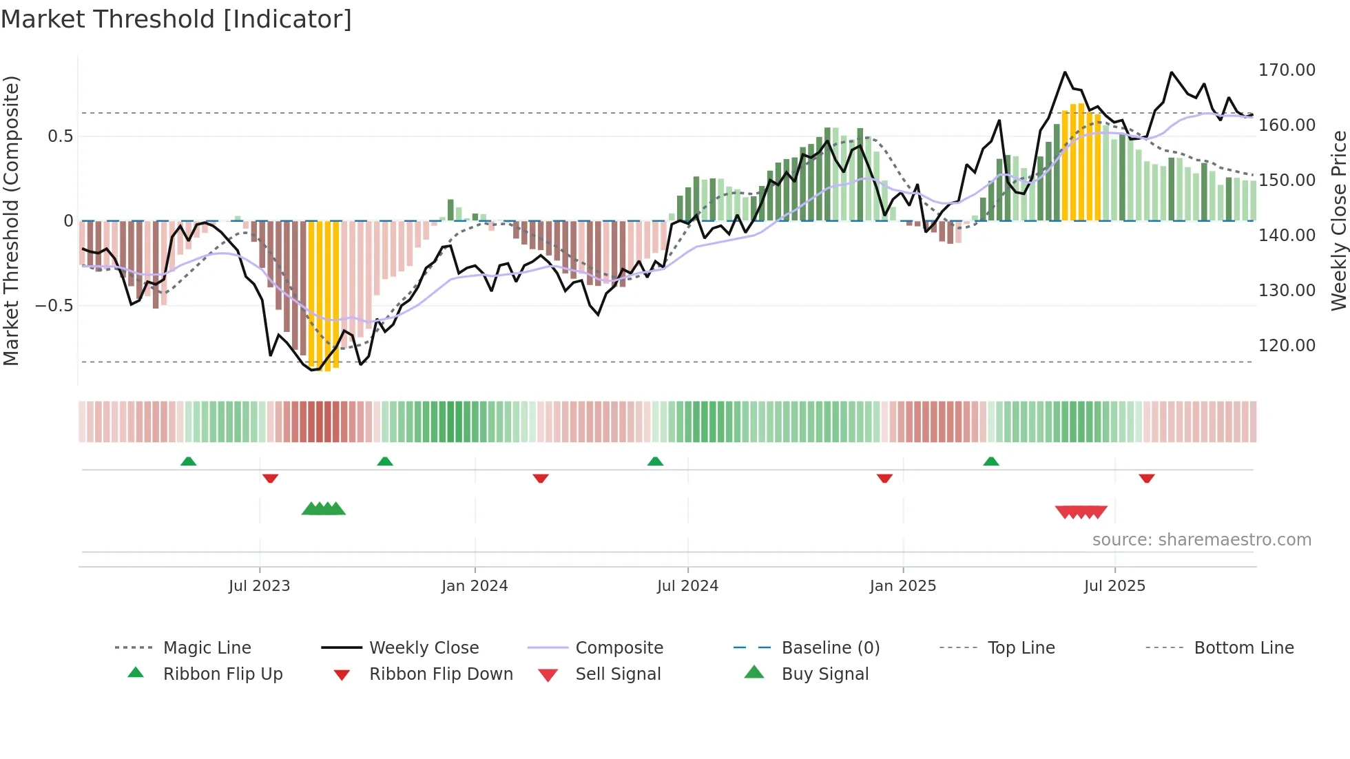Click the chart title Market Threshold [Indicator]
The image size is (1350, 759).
coord(176,19)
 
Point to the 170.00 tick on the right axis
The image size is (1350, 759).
coord(1286,70)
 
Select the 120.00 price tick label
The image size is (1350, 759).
coord(1286,346)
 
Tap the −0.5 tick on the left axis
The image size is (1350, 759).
coord(54,305)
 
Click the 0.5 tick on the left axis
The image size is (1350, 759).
coord(60,136)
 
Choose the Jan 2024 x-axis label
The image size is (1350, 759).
coord(475,586)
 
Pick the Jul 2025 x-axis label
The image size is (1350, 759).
coord(1114,586)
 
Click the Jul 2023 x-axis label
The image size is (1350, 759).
coord(260,586)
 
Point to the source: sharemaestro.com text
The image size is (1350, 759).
coord(1201,540)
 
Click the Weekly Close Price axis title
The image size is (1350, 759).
coord(1338,220)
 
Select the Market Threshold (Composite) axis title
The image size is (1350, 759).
coord(11,220)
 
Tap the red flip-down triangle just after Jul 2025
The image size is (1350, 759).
coord(1147,478)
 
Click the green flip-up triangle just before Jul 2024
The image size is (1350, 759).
coord(655,461)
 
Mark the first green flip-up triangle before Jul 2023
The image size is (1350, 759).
coord(188,461)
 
